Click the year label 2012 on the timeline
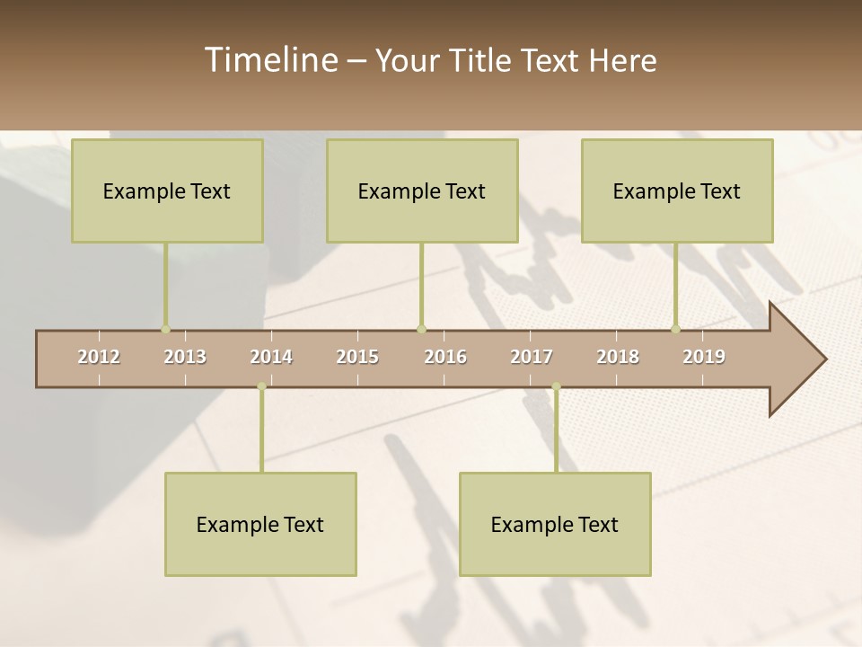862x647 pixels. (99, 357)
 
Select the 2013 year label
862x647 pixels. (185, 357)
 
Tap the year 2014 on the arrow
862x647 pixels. (271, 357)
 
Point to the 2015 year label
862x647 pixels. (357, 357)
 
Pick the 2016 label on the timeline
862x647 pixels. (445, 357)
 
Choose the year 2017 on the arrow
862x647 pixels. (532, 357)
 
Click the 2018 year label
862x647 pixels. (618, 357)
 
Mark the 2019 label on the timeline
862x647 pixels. (704, 357)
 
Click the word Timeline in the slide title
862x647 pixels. (270, 60)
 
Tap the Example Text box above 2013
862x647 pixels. (167, 191)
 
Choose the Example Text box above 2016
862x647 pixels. (422, 191)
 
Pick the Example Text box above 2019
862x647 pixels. (677, 191)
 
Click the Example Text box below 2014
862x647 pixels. (260, 524)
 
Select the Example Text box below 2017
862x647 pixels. (555, 524)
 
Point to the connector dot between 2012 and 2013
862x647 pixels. (165, 329)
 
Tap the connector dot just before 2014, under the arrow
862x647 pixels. (261, 386)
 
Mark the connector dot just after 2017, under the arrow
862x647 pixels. (556, 386)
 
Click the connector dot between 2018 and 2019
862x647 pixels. (675, 329)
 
